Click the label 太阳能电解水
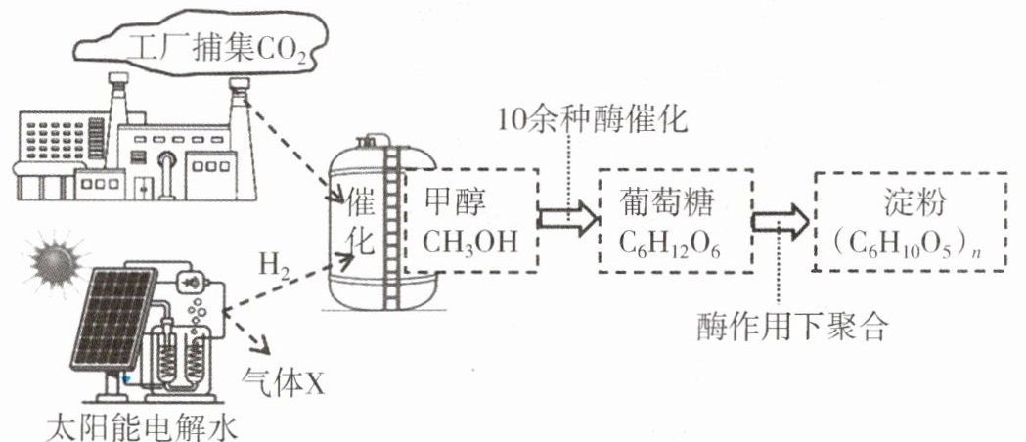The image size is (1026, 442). [x=142, y=427]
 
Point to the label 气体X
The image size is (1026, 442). [x=284, y=382]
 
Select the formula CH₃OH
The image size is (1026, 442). [x=469, y=242]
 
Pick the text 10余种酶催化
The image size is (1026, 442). [x=593, y=120]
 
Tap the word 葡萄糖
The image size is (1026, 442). [x=665, y=204]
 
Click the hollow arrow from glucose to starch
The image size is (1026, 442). [x=780, y=222]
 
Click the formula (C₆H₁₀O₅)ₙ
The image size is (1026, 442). [x=910, y=245]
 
